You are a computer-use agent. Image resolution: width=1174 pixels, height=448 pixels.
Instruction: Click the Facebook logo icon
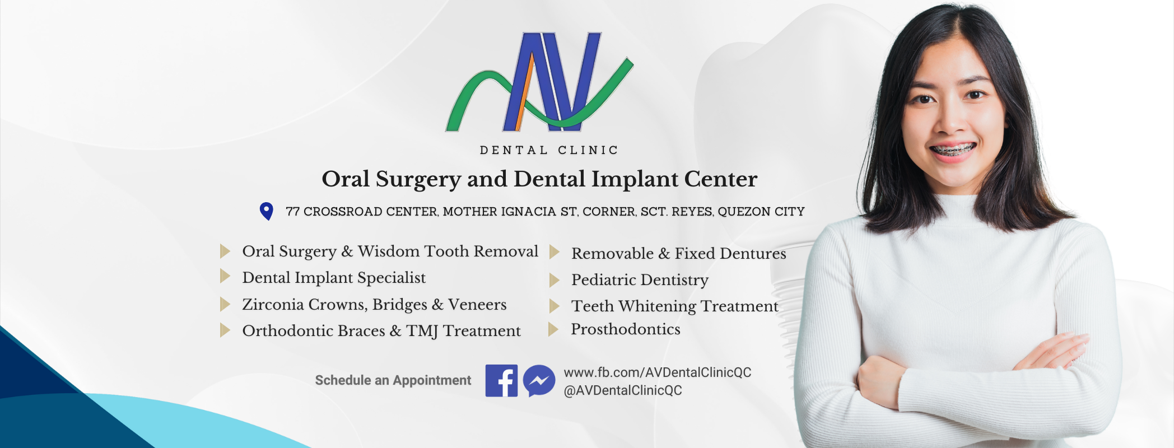[x=501, y=381]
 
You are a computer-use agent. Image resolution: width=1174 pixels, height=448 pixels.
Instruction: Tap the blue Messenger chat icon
[x=539, y=381]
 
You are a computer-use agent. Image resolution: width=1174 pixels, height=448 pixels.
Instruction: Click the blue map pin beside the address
[x=267, y=211]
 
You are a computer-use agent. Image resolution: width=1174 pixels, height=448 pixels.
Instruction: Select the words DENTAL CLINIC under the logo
[x=549, y=150]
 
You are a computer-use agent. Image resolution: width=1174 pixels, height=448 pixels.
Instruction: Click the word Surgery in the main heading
[x=418, y=180]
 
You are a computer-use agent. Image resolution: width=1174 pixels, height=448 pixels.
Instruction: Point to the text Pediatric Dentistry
[x=640, y=280]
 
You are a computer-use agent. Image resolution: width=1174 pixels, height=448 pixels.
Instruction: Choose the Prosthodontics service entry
[x=626, y=329]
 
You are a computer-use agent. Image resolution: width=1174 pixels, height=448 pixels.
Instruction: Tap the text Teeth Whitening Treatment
[x=675, y=306]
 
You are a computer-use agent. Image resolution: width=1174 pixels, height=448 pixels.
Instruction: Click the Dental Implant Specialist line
[x=334, y=278]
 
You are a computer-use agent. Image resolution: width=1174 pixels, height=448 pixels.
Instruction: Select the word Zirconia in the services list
[x=273, y=305]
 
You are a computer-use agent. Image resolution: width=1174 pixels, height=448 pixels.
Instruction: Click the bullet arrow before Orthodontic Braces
[x=225, y=330]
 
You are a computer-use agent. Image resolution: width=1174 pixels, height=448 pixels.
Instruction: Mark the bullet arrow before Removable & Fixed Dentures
[x=555, y=252]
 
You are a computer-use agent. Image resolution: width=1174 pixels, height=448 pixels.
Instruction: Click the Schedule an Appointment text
[x=393, y=380]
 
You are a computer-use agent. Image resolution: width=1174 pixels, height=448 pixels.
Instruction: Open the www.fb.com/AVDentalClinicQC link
[x=658, y=372]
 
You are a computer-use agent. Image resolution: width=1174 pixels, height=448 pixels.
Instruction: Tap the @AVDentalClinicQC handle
[x=623, y=390]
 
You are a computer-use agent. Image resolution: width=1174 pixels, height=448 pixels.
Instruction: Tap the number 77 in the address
[x=292, y=212]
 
